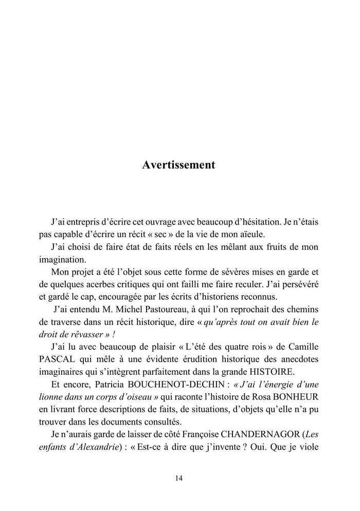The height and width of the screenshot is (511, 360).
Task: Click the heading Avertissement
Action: point(178,166)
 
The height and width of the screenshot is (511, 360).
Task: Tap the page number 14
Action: point(178,478)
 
